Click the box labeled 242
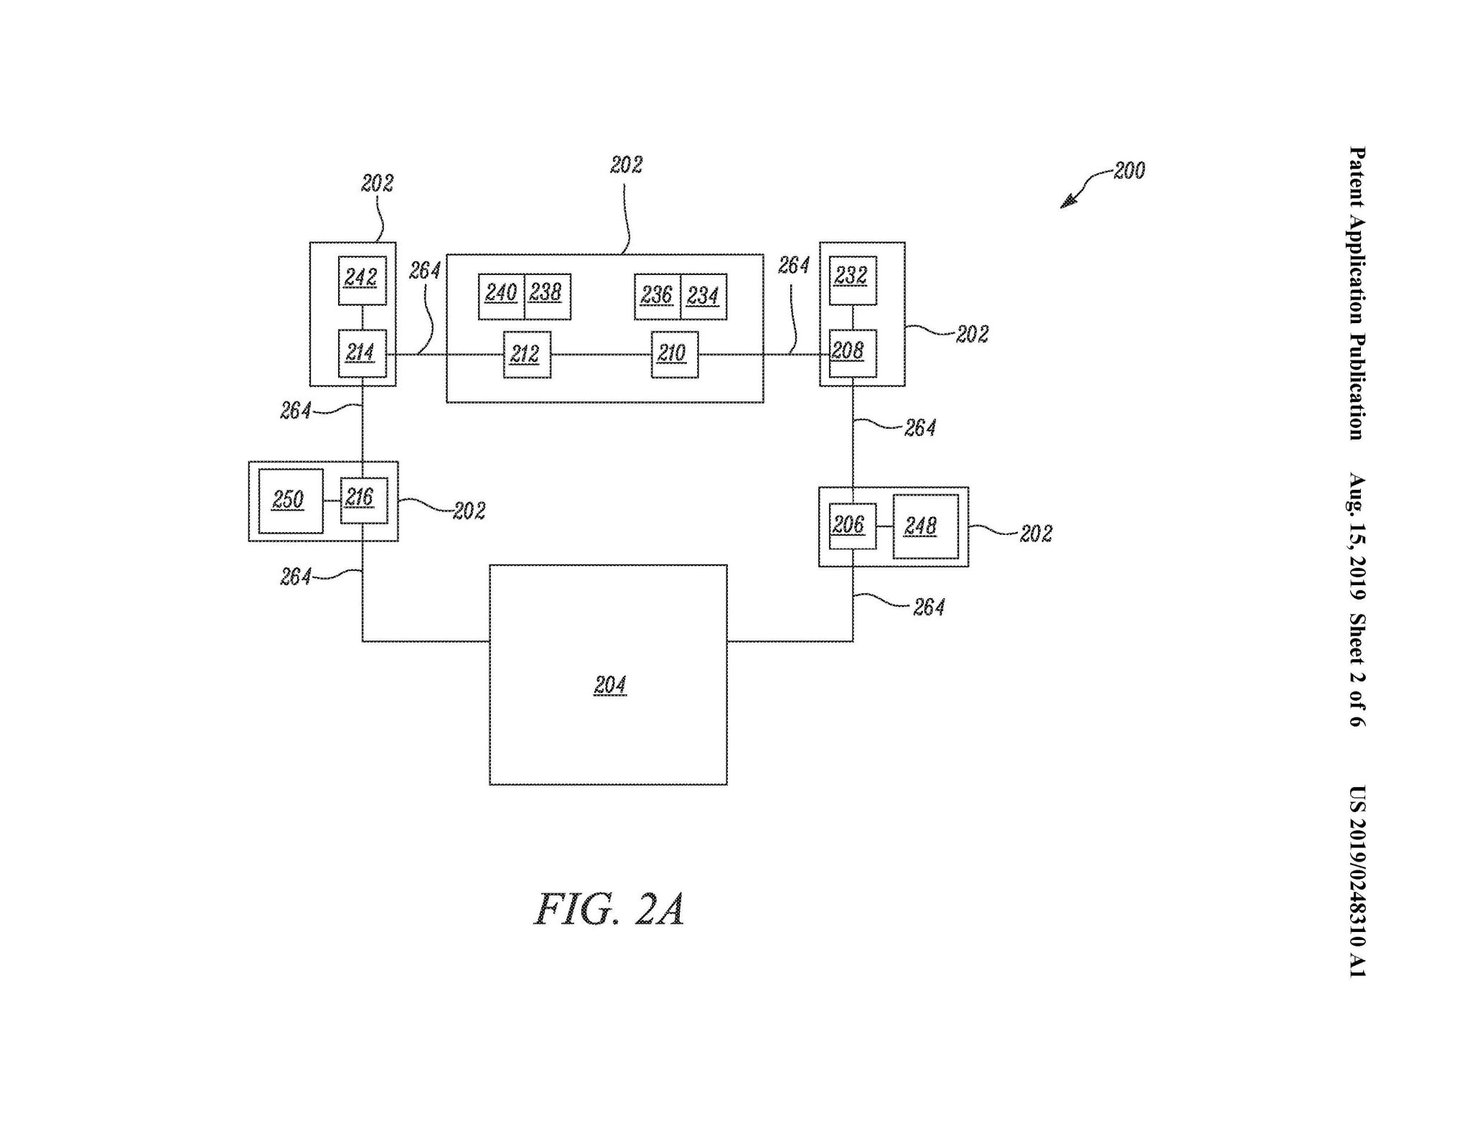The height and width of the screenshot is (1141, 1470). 362,280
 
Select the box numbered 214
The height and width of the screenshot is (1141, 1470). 362,353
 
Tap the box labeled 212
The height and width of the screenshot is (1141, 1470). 527,355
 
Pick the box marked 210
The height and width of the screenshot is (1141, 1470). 674,355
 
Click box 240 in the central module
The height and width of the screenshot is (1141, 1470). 501,296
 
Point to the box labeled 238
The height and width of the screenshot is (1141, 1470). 548,296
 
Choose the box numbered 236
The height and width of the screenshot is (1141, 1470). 657,296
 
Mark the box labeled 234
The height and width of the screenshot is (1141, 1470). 703,296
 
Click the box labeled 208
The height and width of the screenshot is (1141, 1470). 852,353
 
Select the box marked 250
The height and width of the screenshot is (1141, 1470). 290,500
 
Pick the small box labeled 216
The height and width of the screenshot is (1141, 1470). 363,500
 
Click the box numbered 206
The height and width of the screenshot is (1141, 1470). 852,526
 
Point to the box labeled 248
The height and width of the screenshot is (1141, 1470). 925,526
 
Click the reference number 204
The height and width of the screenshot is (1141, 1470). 610,686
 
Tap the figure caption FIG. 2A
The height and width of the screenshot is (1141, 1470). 609,909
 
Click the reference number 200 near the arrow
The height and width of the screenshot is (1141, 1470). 1129,171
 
